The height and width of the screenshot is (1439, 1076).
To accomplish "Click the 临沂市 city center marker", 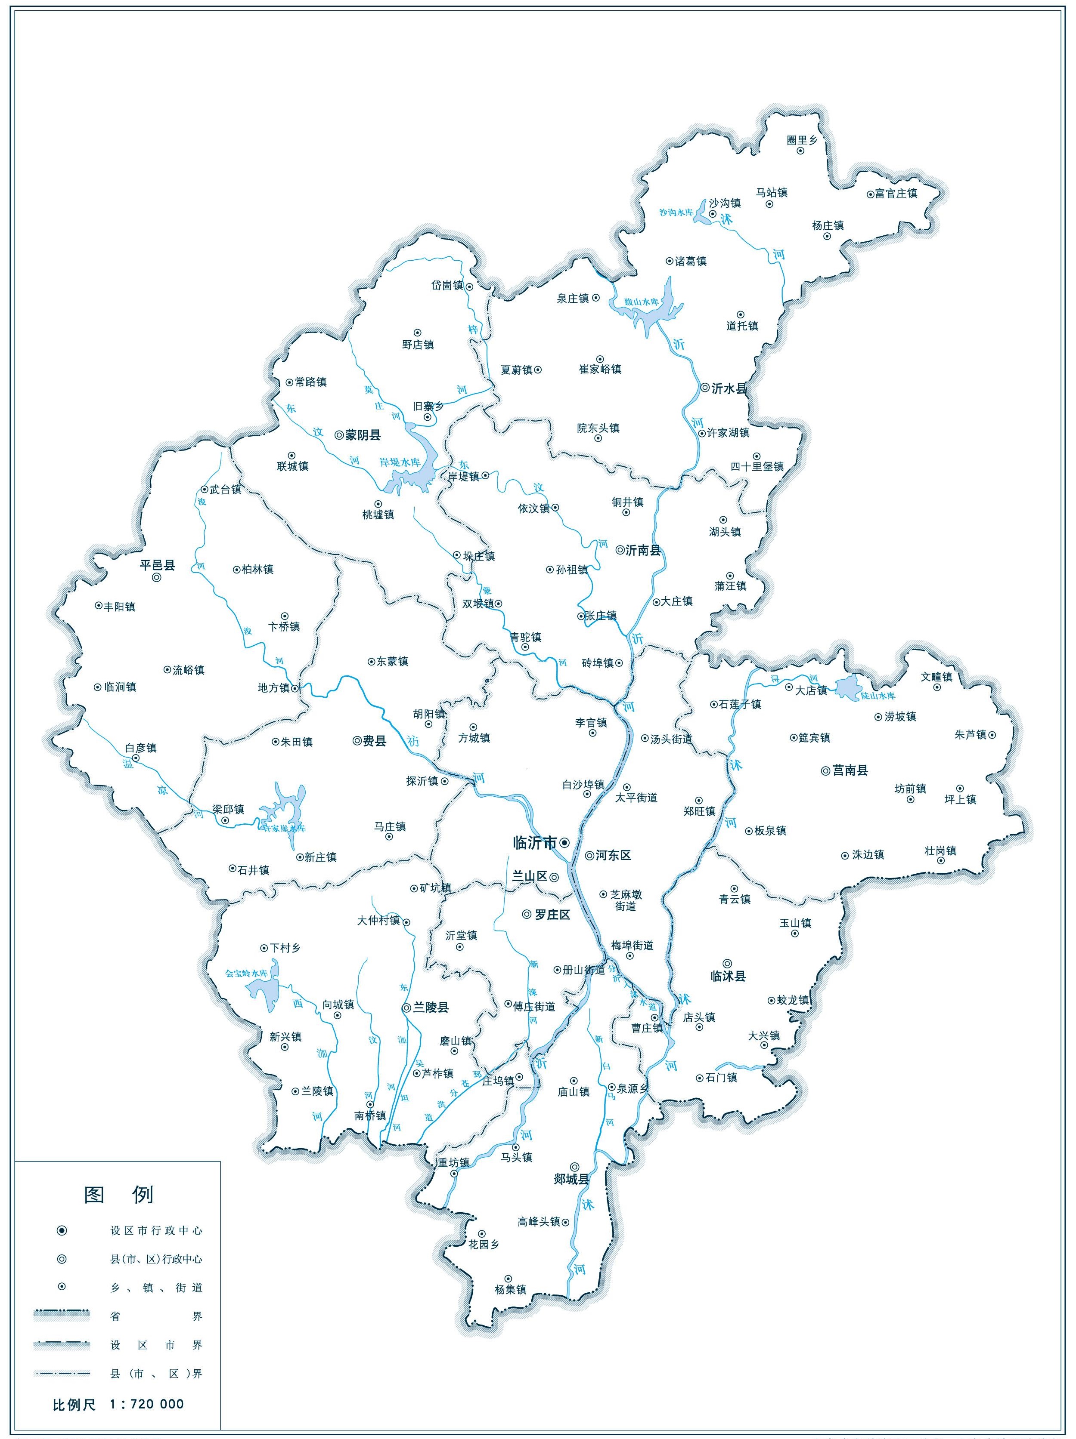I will coord(564,842).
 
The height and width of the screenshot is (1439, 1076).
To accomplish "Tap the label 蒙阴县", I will coord(363,435).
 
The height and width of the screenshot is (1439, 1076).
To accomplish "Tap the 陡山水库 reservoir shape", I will coord(846,687).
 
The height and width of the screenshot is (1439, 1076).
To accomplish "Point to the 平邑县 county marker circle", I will coord(157,578).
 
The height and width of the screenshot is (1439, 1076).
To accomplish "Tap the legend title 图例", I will coord(119,1194).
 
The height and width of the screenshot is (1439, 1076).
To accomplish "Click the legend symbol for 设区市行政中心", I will coord(62,1231).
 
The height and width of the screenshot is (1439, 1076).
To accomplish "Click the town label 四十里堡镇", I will coord(757,466).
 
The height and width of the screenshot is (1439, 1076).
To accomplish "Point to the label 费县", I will coord(374,741).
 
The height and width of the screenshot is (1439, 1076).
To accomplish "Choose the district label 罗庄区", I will coord(552,915).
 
